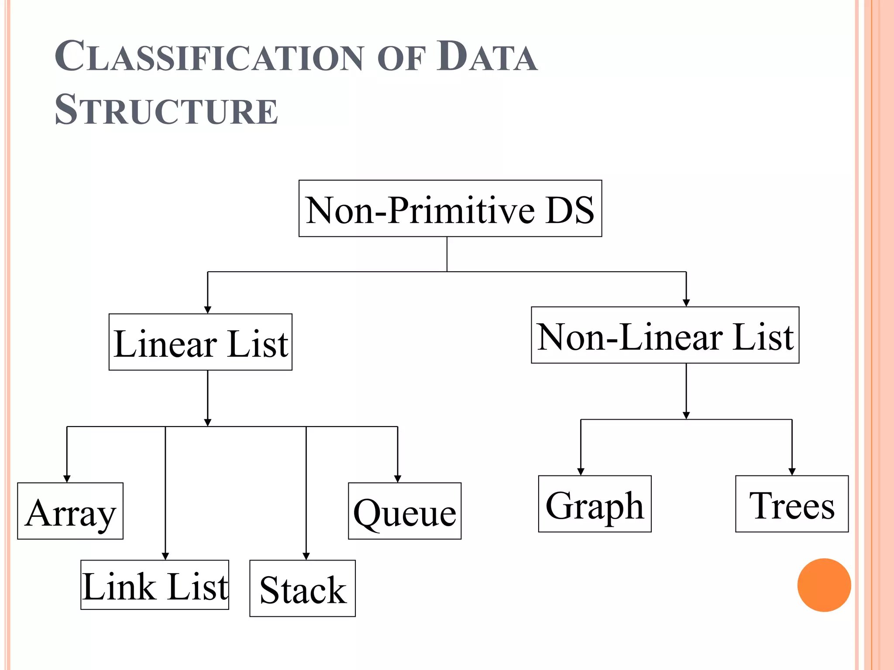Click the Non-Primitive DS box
(x=450, y=209)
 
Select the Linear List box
(x=200, y=342)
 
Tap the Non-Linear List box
(x=665, y=335)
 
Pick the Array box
(x=70, y=511)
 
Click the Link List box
(x=155, y=585)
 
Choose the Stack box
(x=303, y=588)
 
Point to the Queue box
(x=405, y=511)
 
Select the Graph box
(x=595, y=504)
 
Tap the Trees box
(x=792, y=504)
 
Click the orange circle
(x=824, y=585)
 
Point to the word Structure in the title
(x=166, y=110)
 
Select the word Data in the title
(x=487, y=57)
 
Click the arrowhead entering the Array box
(x=67, y=479)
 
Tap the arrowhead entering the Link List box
(x=165, y=556)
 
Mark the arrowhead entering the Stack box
(x=306, y=556)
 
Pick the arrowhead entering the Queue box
(x=398, y=479)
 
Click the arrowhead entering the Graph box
(x=581, y=472)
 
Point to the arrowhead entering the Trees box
(x=792, y=472)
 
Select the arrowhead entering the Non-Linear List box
(x=686, y=303)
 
